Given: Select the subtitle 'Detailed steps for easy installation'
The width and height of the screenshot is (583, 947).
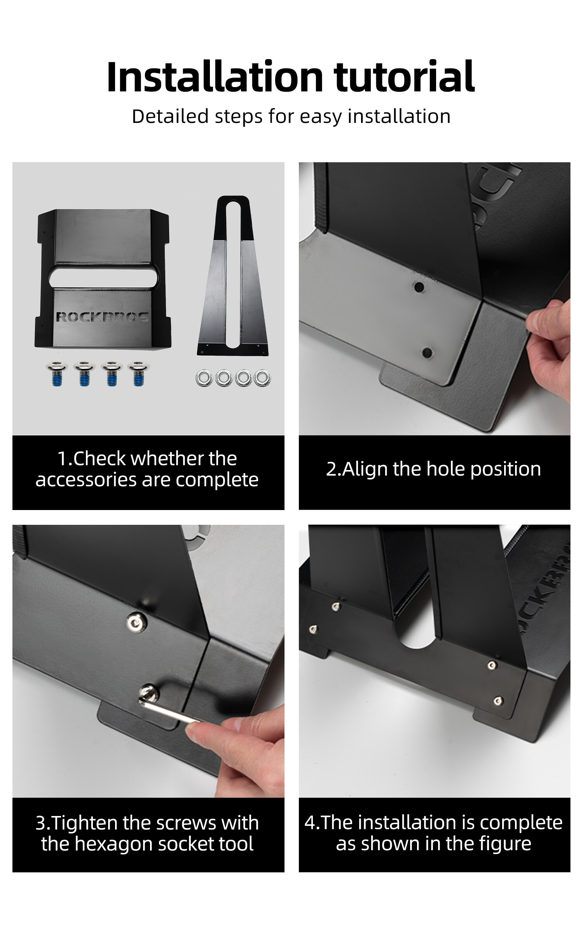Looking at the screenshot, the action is click(x=291, y=116).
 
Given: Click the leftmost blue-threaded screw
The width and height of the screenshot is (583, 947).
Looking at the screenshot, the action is click(x=57, y=374).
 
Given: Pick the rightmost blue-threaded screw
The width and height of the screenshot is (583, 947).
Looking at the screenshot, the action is click(x=137, y=374).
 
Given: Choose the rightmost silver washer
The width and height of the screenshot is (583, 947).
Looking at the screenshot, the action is click(x=262, y=378).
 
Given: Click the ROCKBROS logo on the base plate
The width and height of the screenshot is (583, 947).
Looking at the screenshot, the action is click(x=103, y=317).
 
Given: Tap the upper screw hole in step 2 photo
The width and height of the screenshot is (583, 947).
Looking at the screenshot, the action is click(x=419, y=287).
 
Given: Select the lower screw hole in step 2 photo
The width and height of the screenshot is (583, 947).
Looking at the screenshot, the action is click(x=427, y=353).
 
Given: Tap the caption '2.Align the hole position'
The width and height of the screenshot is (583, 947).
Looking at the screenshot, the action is click(x=434, y=469).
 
